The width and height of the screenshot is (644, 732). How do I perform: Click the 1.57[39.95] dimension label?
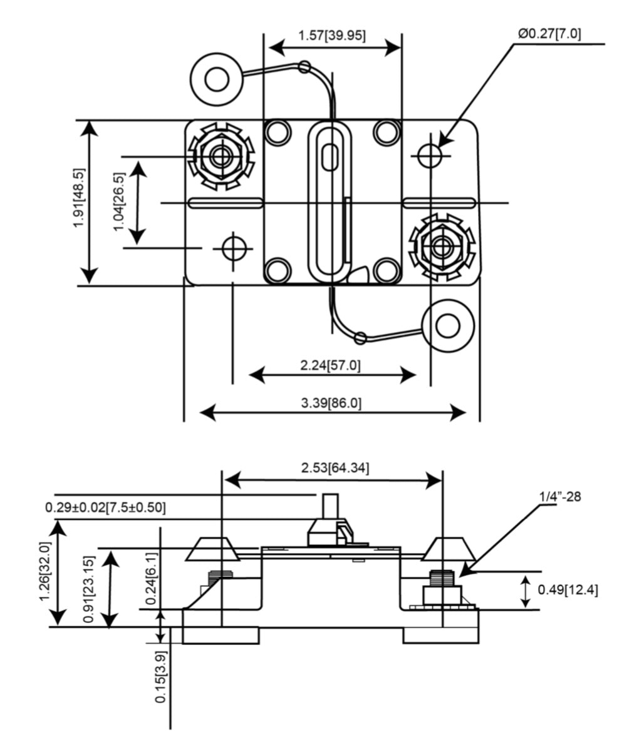tap(332, 35)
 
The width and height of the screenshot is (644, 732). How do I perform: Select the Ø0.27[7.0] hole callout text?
tap(549, 34)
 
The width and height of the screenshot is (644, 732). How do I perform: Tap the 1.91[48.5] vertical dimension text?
tap(79, 198)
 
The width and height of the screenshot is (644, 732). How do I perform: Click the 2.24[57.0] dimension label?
tap(330, 365)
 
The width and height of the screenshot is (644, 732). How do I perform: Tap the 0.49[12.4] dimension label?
tap(568, 589)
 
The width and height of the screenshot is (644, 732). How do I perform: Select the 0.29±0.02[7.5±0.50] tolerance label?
tap(106, 507)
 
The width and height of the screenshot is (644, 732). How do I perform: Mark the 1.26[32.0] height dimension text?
tap(46, 571)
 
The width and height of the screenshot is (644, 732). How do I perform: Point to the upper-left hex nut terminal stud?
tap(221, 156)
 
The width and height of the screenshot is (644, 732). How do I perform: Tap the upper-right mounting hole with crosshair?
tap(430, 155)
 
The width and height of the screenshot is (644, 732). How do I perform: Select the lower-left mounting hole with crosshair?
tap(233, 248)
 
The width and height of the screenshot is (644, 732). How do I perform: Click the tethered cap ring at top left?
tap(217, 79)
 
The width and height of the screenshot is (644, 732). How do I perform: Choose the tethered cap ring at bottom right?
tap(447, 325)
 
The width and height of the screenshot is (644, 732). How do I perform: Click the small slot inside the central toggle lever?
tap(330, 156)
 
